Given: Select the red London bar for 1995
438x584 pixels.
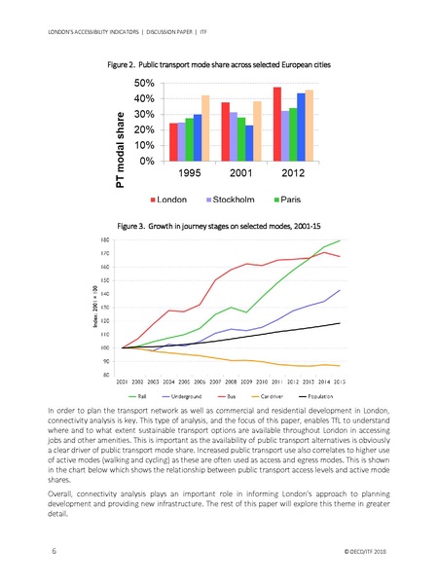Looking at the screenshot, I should tap(173, 142).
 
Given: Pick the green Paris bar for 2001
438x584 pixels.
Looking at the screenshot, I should tap(241, 138).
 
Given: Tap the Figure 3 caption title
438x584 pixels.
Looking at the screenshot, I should tap(219, 225).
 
